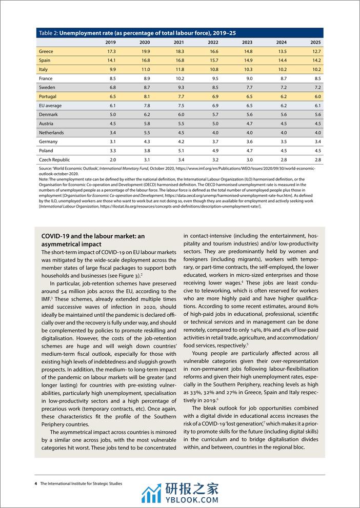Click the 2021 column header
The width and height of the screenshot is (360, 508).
coord(179,42)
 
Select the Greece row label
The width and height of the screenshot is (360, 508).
coord(46,51)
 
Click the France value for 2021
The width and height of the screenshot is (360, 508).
coord(179,78)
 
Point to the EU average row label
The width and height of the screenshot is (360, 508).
coord(50,105)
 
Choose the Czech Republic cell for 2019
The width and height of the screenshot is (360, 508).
coord(111,159)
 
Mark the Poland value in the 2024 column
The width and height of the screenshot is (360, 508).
coord(282,150)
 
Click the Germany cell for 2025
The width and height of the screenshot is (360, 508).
coord(316,141)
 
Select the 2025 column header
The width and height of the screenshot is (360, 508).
coord(315,42)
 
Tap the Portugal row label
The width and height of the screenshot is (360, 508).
coord(48,96)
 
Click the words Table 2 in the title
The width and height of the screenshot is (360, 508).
coord(48,32)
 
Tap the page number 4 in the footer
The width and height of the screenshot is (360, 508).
coord(36,483)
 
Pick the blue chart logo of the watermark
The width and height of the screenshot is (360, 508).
coord(151,493)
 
